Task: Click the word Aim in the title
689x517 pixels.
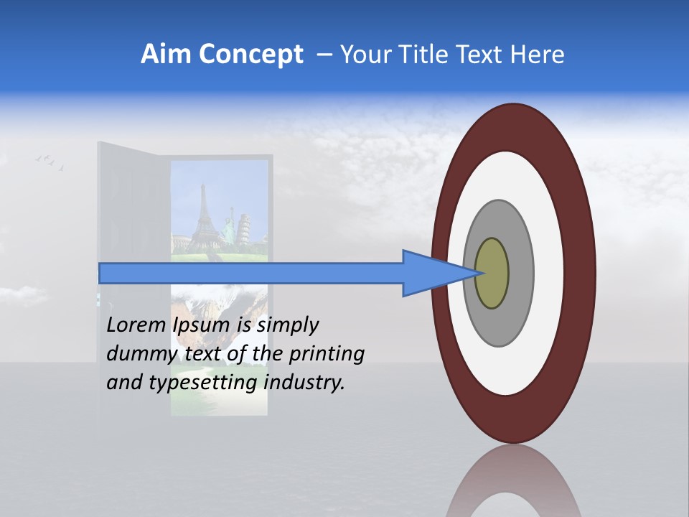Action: tap(163, 55)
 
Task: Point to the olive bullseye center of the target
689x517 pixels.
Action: tap(492, 274)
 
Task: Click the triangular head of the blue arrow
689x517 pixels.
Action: tap(431, 274)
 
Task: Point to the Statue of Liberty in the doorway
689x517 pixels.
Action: tap(231, 220)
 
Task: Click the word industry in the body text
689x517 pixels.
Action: tap(304, 382)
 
